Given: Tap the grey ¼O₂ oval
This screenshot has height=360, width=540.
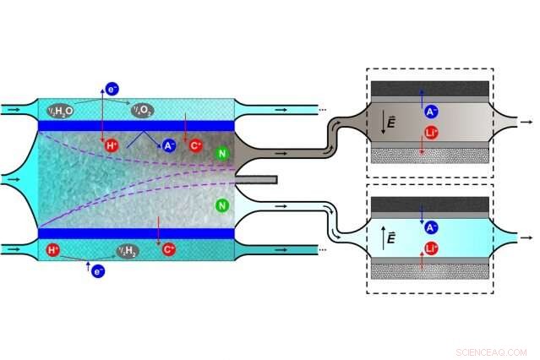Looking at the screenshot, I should pyautogui.click(x=141, y=110).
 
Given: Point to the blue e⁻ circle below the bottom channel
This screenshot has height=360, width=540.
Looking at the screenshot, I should pyautogui.click(x=98, y=271).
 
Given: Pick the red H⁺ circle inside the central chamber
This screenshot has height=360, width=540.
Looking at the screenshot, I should pyautogui.click(x=112, y=146).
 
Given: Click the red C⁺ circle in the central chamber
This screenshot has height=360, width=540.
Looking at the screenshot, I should pyautogui.click(x=196, y=146).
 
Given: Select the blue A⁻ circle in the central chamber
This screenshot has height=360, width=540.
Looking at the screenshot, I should pyautogui.click(x=169, y=146).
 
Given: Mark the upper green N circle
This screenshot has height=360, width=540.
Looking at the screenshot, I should pyautogui.click(x=221, y=153).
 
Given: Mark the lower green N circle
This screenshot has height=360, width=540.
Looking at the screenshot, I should pyautogui.click(x=221, y=205).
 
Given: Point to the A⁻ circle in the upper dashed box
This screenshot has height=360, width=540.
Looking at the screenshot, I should pyautogui.click(x=430, y=110).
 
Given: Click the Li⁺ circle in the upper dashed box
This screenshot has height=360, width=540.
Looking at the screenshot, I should pyautogui.click(x=430, y=133).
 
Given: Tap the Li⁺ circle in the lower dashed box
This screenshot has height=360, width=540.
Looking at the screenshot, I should pyautogui.click(x=430, y=249).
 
